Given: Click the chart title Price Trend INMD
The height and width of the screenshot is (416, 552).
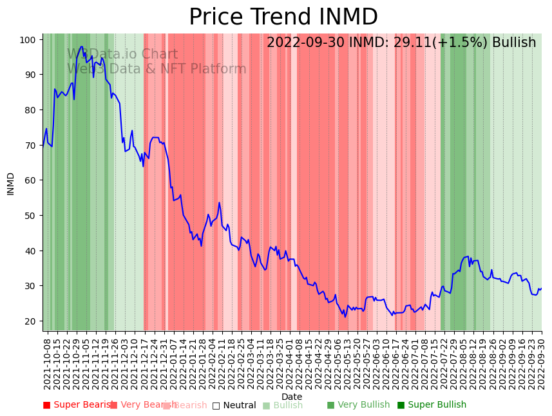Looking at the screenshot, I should coord(283,17).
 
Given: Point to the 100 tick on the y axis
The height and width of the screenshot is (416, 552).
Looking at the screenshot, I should coord(27,40).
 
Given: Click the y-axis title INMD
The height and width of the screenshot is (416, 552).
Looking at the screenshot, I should coord(11,184).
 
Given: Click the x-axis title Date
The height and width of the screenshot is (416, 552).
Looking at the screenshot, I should coord(291,397).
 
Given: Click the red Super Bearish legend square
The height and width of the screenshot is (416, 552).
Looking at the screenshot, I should coord(46,405).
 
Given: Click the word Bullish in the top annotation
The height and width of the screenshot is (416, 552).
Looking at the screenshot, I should coord(513,43).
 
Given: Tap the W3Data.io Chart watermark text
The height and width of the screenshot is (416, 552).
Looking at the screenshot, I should coord(113,54).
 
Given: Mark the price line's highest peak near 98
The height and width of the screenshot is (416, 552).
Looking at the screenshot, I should coord(82,46).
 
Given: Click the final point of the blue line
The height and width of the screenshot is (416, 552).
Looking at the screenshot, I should coord(541,288).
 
